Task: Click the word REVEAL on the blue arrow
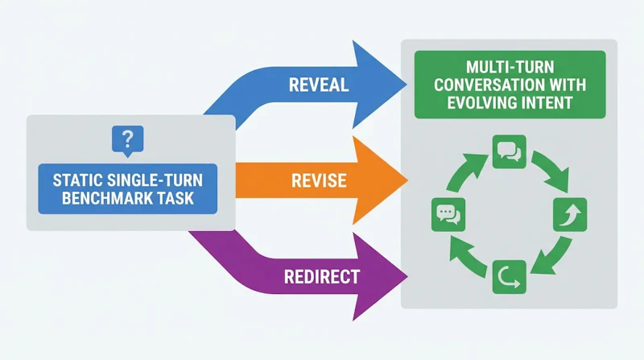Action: pyautogui.click(x=319, y=85)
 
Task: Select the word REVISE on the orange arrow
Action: pyautogui.click(x=319, y=181)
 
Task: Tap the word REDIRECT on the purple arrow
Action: pyautogui.click(x=322, y=276)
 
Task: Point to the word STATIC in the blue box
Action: pyautogui.click(x=76, y=180)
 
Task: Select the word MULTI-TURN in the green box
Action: pyautogui.click(x=510, y=67)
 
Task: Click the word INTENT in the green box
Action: pyautogui.click(x=547, y=102)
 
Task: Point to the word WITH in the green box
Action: pyautogui.click(x=566, y=85)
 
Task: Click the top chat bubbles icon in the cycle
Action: pyautogui.click(x=510, y=151)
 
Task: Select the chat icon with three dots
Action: pyautogui.click(x=448, y=214)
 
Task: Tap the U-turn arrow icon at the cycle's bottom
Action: pyautogui.click(x=510, y=277)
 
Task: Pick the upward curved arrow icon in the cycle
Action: pyautogui.click(x=570, y=214)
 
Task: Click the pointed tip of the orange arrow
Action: pyautogui.click(x=408, y=180)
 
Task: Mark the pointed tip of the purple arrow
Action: pyautogui.click(x=408, y=275)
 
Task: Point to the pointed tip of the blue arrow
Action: pyautogui.click(x=407, y=85)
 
